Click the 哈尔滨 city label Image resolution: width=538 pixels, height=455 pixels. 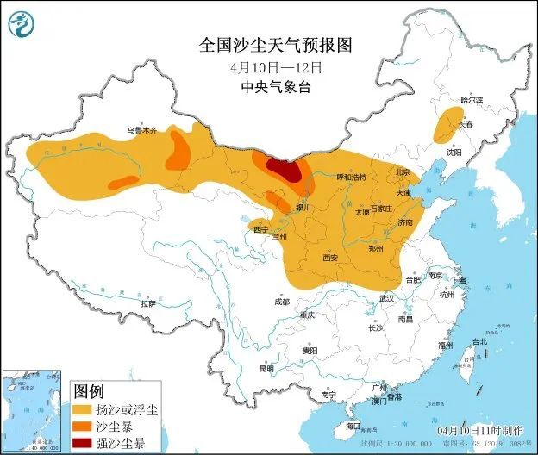pos(472,101)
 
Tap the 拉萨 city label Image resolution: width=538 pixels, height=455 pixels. pos(147,303)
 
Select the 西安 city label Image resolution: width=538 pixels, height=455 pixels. pos(329,258)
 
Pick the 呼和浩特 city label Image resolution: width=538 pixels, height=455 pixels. pos(351,177)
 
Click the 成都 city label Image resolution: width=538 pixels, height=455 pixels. pos(283,302)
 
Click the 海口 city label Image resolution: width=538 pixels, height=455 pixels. pos(352,427)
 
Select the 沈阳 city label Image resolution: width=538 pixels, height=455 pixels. pos(454,152)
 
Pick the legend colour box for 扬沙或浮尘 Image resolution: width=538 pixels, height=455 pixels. pos(83,408)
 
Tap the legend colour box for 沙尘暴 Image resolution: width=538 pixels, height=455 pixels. pos(83,426)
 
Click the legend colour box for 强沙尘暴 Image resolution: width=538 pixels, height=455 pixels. pos(83,443)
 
